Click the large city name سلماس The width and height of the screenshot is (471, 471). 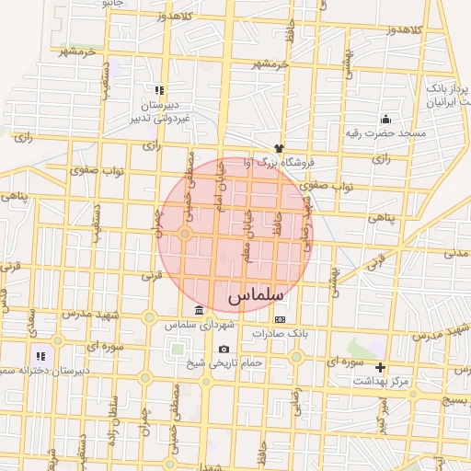252,296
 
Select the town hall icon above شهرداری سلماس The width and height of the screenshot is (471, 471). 200,309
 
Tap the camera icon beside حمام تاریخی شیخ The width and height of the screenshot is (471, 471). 224,350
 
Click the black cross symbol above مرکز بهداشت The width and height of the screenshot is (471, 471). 381,367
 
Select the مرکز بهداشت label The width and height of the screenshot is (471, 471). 387,381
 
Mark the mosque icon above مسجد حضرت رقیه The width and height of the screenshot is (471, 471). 385,119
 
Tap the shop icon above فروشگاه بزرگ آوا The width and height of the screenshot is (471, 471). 279,147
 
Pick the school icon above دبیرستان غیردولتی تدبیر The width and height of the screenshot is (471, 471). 159,90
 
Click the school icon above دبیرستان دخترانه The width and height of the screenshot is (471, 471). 40,355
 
